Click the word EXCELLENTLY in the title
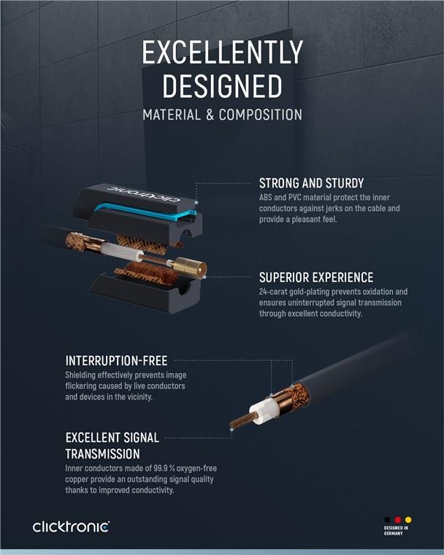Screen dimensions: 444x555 click(x=222, y=52)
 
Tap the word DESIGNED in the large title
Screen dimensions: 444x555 click(x=222, y=86)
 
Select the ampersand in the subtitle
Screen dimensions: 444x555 click(x=210, y=115)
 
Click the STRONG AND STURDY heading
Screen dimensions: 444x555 click(x=311, y=183)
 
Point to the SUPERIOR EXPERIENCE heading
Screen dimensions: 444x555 click(x=316, y=277)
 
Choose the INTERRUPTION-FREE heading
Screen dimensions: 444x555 click(x=116, y=361)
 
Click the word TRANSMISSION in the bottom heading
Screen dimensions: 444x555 click(x=103, y=453)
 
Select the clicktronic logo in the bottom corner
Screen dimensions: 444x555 click(x=71, y=527)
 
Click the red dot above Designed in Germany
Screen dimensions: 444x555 click(x=397, y=520)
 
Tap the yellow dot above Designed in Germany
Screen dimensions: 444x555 click(x=408, y=520)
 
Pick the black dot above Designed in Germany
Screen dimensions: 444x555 click(x=387, y=520)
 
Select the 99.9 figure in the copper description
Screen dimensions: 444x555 click(x=161, y=468)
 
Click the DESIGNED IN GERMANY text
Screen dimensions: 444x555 click(x=396, y=530)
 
